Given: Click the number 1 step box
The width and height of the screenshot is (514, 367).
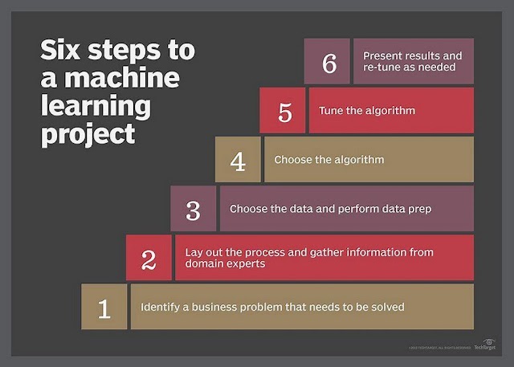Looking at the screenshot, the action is [x=104, y=308].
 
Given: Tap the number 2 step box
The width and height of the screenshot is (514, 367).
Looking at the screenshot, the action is [x=149, y=258].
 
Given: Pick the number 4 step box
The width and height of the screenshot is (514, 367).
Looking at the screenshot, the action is [x=238, y=160].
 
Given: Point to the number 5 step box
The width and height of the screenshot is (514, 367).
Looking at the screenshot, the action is [x=283, y=111].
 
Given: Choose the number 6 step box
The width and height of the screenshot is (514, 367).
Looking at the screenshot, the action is [x=328, y=62].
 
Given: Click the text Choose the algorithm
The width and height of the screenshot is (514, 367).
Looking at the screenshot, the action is [x=329, y=160].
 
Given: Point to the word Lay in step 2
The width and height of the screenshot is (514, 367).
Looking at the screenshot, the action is [x=194, y=251].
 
